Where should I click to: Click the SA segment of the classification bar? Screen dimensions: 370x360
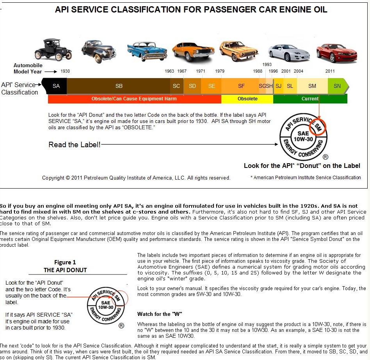55,86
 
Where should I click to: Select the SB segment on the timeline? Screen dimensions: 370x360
119,86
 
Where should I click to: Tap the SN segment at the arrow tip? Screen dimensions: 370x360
338,86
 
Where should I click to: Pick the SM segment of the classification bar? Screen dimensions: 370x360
312,86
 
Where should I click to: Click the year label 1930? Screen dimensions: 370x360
65,71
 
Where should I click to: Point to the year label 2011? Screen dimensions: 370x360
330,71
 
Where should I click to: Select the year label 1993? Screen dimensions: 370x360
267,64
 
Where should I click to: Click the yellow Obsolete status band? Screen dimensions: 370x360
247,99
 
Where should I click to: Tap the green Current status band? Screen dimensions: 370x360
310,99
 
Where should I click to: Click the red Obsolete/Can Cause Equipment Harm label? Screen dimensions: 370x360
134,99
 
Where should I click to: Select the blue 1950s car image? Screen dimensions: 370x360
147,52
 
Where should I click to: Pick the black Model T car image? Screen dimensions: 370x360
53,49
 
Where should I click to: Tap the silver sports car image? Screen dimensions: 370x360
288,53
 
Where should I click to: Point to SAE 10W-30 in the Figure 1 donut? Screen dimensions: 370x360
106,305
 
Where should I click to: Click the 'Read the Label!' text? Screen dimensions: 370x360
74,144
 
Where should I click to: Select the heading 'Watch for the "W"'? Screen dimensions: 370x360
160,314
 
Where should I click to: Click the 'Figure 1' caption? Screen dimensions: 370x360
65,262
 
